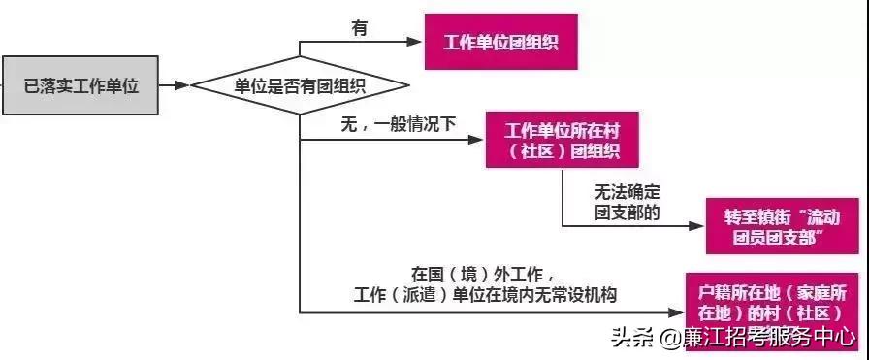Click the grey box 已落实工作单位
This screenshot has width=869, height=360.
[81, 86]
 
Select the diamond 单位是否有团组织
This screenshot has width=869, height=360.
[299, 86]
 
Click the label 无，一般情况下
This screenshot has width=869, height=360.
[398, 125]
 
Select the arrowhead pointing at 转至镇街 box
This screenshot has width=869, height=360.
[699, 225]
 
